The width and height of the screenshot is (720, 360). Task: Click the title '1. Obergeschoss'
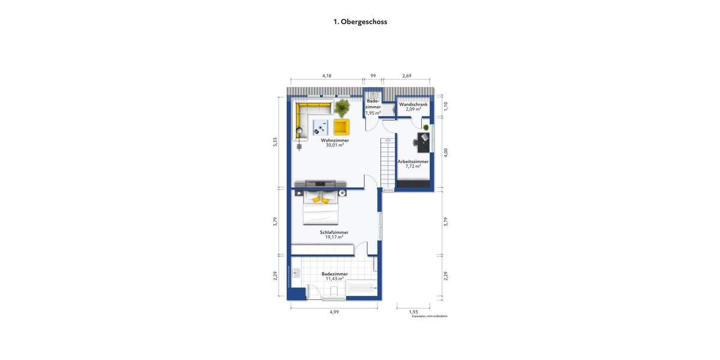click(360, 22)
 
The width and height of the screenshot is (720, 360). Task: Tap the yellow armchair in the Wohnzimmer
click(341, 127)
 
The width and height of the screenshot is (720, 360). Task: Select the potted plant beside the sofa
click(342, 108)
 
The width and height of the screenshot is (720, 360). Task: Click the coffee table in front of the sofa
click(319, 127)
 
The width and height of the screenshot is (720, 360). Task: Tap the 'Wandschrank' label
click(413, 104)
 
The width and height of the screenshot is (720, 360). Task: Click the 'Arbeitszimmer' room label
click(413, 161)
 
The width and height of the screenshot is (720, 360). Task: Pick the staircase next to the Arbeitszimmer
click(388, 162)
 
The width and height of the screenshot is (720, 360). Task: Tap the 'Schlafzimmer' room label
click(334, 232)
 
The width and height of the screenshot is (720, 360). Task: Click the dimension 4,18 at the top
click(326, 76)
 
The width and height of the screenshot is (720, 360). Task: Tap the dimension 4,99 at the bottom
click(334, 311)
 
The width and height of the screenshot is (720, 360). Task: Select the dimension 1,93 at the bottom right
click(413, 311)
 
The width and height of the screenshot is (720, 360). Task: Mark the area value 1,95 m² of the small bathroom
click(373, 113)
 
